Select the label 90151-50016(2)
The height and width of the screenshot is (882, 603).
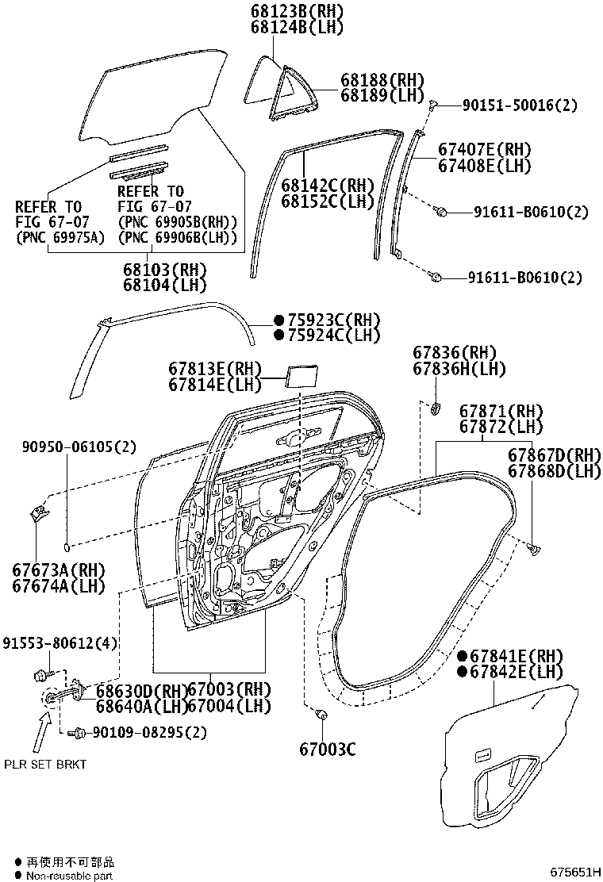tap(509, 105)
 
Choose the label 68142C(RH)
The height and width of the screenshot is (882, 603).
tap(327, 185)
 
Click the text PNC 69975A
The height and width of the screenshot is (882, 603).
tap(60, 236)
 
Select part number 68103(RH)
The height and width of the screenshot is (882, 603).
tap(164, 269)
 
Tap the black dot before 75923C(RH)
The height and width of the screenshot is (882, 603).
tap(278, 320)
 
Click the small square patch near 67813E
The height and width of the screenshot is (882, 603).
tap(299, 374)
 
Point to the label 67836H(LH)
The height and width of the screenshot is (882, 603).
tap(459, 369)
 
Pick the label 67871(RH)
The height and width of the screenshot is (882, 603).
tap(501, 411)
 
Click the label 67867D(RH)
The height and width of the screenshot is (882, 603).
tap(554, 454)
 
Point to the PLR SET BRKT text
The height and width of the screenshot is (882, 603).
tap(44, 764)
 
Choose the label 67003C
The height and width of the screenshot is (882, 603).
tap(328, 749)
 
